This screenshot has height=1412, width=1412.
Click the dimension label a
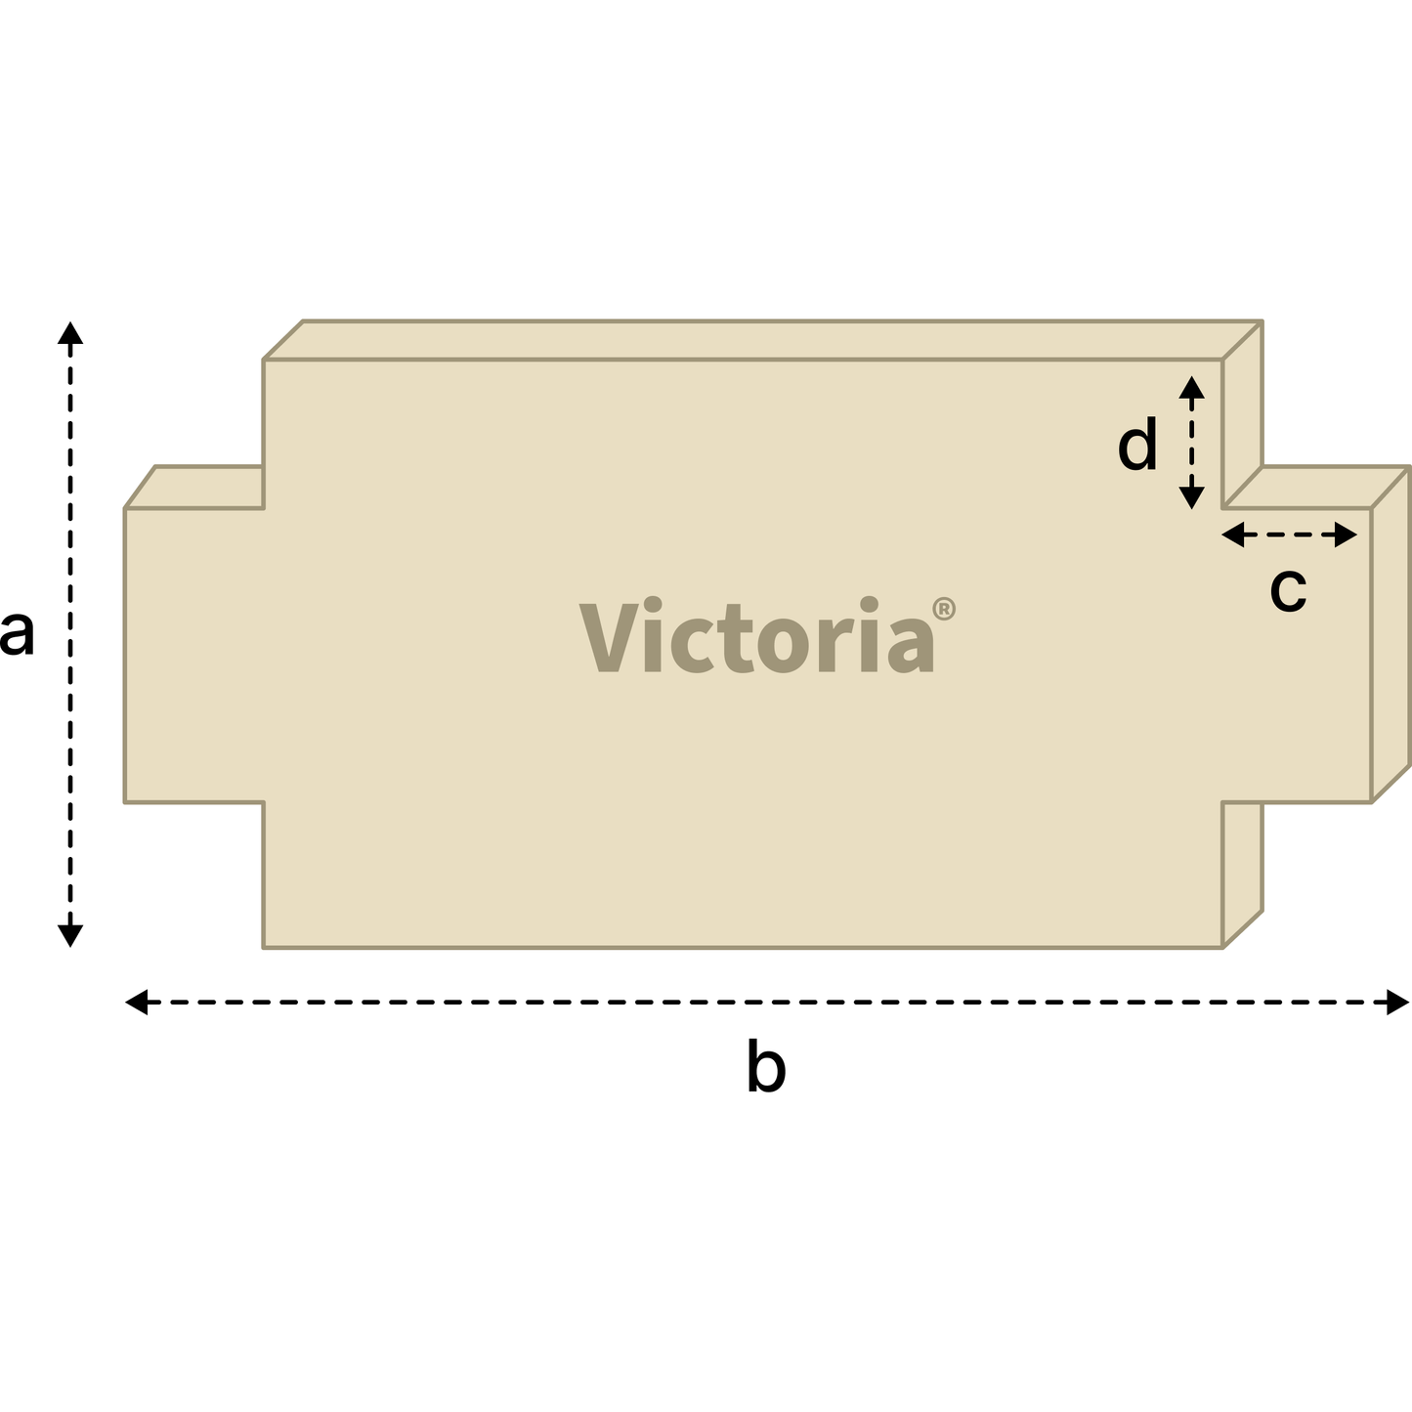click(17, 633)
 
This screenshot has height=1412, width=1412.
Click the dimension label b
click(766, 1065)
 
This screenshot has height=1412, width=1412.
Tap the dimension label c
click(1288, 589)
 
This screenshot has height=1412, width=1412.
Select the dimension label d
click(1136, 444)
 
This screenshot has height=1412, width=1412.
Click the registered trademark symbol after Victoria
click(944, 609)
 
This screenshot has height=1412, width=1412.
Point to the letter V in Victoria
click(609, 637)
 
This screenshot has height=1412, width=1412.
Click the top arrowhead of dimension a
click(70, 332)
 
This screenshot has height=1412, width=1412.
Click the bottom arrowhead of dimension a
click(70, 936)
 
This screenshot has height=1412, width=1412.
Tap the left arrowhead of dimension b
click(136, 1002)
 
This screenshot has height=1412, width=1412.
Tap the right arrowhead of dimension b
click(1398, 1002)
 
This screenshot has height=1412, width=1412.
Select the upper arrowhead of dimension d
click(1191, 387)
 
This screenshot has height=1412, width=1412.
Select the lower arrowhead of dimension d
click(1191, 497)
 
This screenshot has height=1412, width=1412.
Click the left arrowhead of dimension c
click(1232, 535)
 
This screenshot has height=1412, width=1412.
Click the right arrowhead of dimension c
click(1347, 535)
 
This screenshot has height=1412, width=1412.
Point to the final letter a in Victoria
click(911, 646)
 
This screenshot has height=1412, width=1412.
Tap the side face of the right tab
click(1391, 634)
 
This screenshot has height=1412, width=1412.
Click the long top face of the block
click(762, 340)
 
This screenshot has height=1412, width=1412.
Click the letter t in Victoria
click(736, 639)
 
